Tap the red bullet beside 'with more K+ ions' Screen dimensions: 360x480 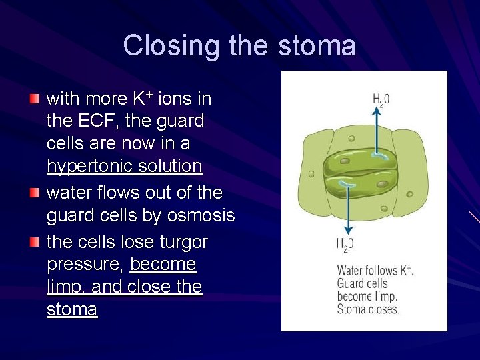point(34,99)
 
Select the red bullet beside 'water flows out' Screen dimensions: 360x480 point(34,193)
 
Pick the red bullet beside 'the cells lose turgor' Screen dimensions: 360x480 point(34,241)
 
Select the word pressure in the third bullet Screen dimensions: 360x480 point(85,265)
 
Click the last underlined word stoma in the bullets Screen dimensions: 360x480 point(72,310)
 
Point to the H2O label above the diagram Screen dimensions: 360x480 point(381,100)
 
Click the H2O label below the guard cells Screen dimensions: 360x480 point(345,245)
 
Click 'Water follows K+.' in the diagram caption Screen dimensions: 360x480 point(375,271)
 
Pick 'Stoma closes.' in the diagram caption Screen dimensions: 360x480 point(369,309)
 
